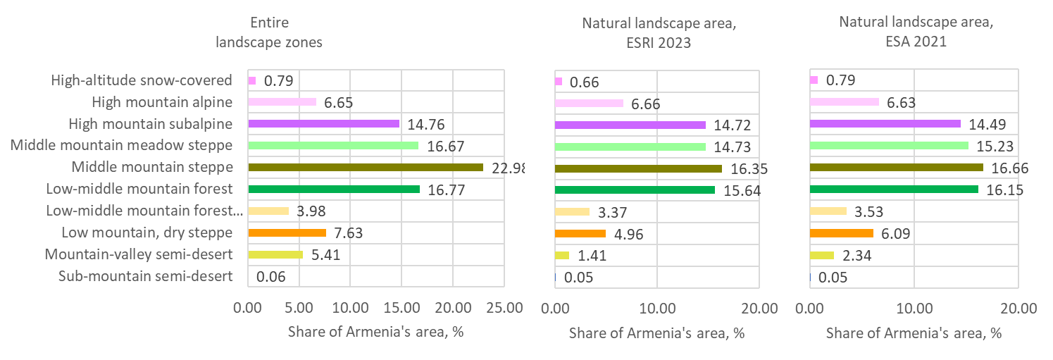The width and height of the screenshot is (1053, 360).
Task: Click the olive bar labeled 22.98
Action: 366,168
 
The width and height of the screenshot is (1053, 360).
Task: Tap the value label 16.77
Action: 446,190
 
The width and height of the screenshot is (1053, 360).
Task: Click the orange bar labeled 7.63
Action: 287,233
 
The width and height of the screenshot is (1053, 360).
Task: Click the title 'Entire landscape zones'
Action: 268,33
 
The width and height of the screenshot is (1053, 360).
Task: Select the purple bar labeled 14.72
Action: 630,125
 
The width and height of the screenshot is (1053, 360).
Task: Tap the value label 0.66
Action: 584,81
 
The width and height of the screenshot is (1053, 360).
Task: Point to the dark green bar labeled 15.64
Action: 635,190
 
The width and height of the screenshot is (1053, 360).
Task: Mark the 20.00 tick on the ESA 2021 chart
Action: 1018,308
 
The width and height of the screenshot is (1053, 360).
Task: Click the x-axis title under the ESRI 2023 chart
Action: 656,333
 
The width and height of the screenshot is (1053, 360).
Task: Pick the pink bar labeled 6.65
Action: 282,102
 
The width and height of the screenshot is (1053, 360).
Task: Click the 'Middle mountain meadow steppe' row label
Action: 121,146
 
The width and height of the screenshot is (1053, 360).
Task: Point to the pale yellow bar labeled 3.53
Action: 828,211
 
